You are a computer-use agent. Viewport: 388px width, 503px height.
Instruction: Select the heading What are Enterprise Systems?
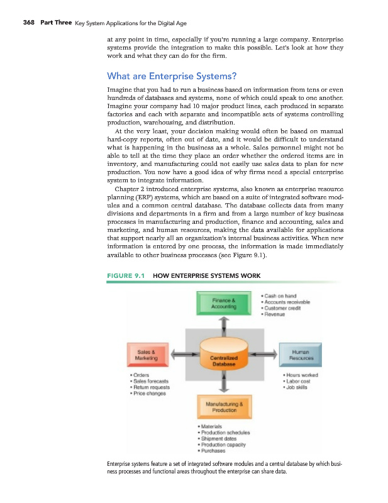172,77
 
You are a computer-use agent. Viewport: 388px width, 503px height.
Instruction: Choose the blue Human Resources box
304,355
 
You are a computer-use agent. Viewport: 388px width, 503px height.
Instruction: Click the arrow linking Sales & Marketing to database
180,356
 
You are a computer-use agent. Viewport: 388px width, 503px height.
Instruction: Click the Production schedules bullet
224,433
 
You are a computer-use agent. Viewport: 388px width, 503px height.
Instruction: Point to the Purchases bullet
214,450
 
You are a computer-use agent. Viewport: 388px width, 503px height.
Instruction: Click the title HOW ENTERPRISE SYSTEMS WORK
206,275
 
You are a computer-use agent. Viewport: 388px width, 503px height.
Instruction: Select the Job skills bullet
299,388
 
